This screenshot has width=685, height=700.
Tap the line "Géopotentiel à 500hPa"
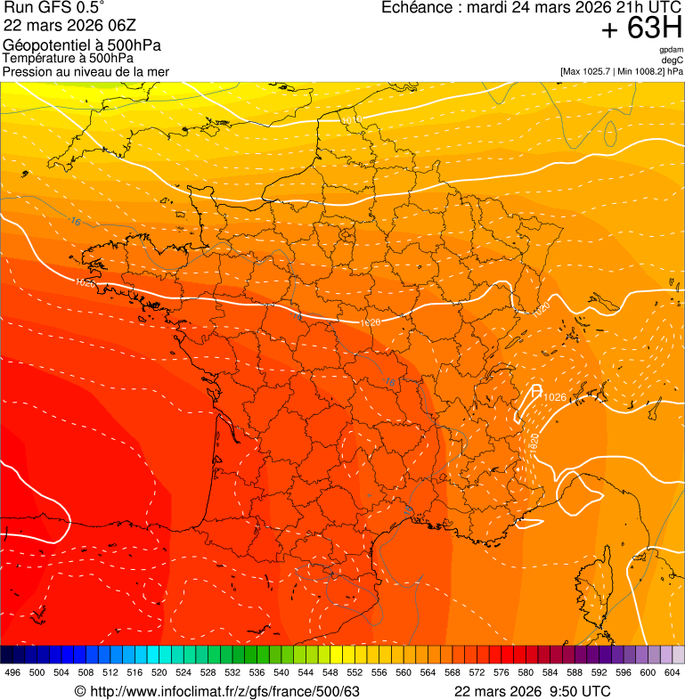click(x=82, y=45)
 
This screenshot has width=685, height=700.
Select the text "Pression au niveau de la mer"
click(x=86, y=71)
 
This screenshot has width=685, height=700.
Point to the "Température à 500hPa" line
click(x=75, y=59)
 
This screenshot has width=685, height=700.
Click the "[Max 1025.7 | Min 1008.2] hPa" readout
click(x=621, y=71)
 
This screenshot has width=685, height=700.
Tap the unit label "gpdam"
click(x=671, y=50)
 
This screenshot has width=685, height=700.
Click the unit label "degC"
click(x=673, y=60)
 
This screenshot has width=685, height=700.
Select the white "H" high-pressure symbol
click(x=536, y=390)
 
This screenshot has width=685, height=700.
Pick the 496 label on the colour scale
click(x=12, y=673)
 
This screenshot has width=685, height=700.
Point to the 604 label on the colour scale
click(x=673, y=673)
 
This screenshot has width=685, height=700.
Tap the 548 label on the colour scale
click(x=330, y=673)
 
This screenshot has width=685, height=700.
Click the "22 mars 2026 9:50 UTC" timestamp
click(x=532, y=692)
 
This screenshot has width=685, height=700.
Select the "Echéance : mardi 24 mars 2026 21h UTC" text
click(x=532, y=8)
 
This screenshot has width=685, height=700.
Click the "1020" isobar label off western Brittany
click(x=85, y=282)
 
